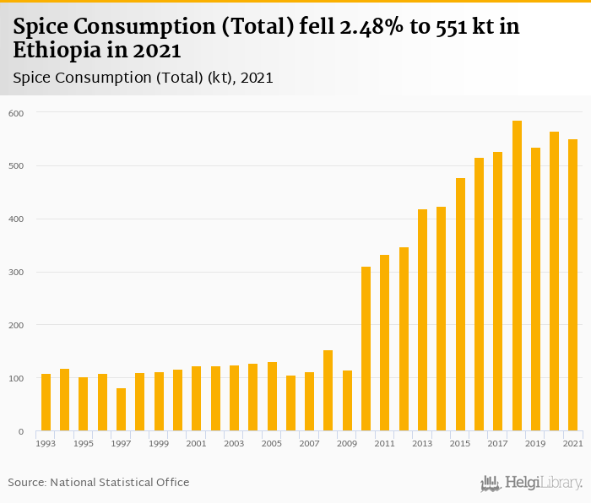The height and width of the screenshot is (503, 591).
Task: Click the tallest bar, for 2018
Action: [517, 276]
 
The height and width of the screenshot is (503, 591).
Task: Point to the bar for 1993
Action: [46, 403]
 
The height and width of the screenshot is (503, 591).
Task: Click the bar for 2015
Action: [460, 305]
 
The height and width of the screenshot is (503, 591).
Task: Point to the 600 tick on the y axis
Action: [17, 113]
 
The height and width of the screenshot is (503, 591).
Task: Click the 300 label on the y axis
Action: [17, 273]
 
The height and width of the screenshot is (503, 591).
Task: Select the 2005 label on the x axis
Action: [271, 444]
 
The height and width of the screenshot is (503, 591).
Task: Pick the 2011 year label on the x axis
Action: [384, 444]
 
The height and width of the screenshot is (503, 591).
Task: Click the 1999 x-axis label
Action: [158, 444]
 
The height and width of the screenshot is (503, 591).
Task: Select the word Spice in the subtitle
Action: [33, 78]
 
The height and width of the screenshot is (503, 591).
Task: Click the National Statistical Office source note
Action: [119, 482]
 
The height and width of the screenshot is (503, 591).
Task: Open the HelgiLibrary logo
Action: [531, 484]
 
